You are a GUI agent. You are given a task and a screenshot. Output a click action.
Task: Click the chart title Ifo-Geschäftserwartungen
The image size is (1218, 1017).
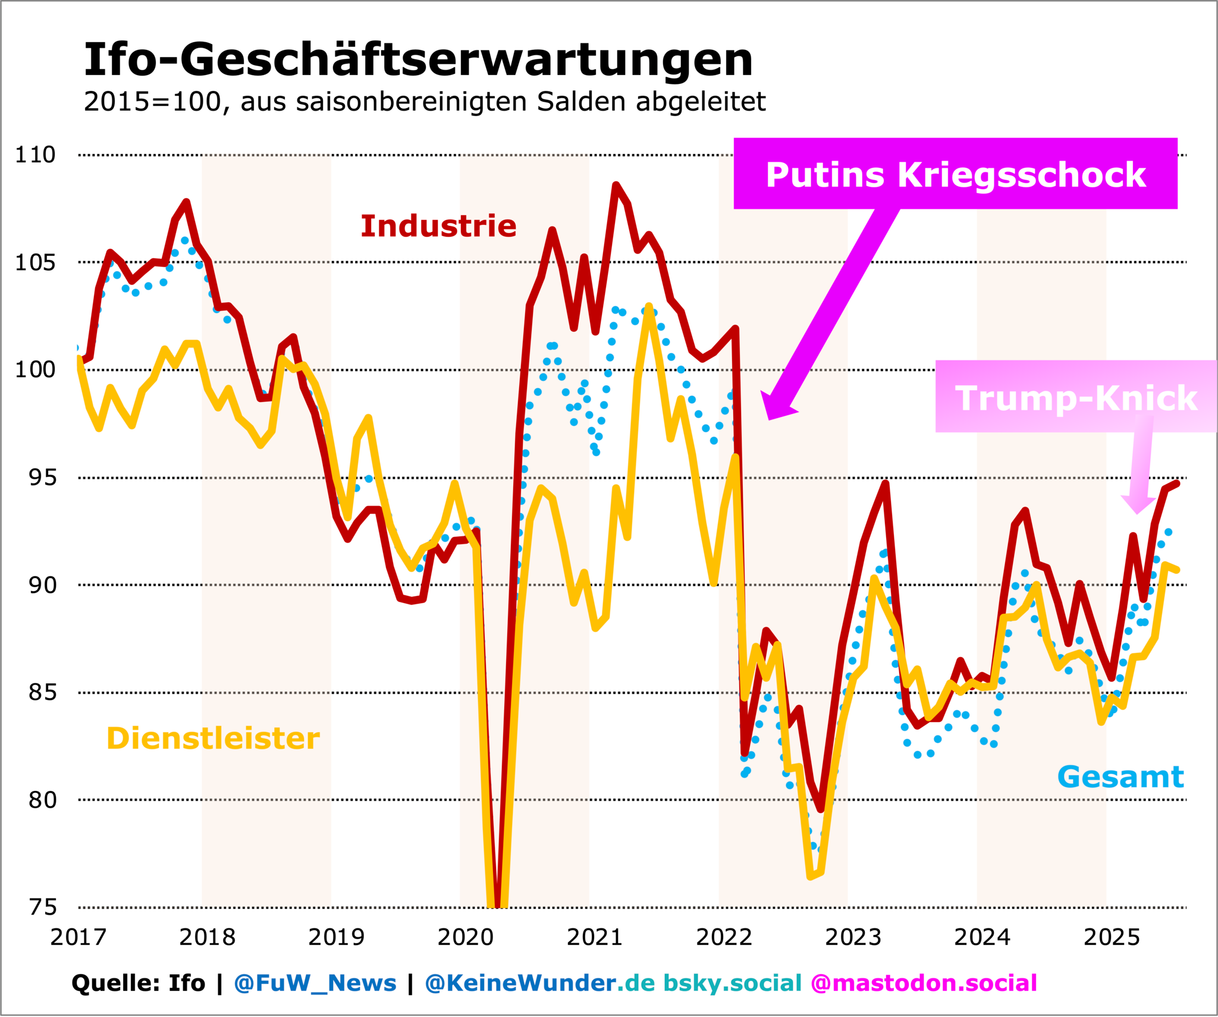(x=418, y=60)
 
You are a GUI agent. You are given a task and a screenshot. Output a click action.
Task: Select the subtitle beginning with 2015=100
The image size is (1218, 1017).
(x=424, y=102)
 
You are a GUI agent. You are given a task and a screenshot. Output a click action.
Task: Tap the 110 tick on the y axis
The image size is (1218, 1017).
(x=35, y=155)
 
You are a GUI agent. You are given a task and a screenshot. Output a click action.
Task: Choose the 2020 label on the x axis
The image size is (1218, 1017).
(x=466, y=938)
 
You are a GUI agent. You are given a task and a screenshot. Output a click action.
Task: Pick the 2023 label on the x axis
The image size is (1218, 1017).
(x=853, y=938)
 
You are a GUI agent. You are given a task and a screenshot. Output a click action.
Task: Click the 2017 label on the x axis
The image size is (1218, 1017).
(x=78, y=938)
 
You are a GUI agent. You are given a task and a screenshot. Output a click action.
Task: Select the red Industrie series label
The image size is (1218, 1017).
(x=438, y=226)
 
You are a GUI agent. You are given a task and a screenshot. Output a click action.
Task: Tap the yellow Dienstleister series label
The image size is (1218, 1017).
(x=213, y=739)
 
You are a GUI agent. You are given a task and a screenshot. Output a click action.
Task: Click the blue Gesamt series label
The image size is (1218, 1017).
(x=1120, y=777)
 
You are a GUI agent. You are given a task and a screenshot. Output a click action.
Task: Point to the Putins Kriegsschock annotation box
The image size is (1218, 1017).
(x=955, y=174)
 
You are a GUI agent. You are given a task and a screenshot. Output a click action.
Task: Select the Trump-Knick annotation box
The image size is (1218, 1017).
(x=1075, y=397)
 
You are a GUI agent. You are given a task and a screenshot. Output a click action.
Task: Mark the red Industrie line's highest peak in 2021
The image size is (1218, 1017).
(x=616, y=186)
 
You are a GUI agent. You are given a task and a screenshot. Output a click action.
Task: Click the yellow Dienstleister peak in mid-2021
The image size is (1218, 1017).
(x=649, y=307)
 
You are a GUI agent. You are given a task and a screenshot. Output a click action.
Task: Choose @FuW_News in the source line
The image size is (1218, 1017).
(x=315, y=983)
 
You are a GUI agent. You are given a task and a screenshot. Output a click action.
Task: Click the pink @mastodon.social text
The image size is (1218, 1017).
(x=924, y=983)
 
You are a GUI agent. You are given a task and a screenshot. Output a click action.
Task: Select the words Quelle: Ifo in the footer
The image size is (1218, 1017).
(x=138, y=983)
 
